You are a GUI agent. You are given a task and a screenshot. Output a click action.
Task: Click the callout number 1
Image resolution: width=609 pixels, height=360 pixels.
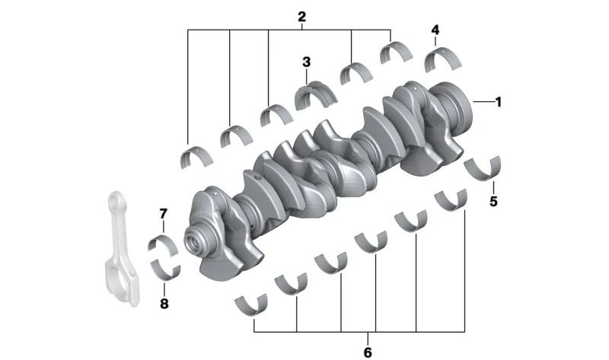[499, 102]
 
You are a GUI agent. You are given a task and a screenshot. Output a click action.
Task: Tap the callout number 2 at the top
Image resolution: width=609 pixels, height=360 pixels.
[301, 17]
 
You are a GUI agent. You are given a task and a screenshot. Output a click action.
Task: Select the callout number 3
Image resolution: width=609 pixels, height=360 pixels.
[307, 62]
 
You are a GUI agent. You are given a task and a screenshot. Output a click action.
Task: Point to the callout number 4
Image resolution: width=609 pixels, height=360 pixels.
[435, 30]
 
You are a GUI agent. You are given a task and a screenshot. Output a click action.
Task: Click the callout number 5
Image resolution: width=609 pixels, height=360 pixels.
[493, 202]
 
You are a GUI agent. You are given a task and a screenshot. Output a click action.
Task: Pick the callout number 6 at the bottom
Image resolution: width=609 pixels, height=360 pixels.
[368, 352]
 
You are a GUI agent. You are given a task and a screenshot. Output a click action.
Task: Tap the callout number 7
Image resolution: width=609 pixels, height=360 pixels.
[163, 214]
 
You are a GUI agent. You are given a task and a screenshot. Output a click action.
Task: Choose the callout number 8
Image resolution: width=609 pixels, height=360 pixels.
[164, 304]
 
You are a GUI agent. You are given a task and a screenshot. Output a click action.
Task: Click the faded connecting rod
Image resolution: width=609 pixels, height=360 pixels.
[121, 249]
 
